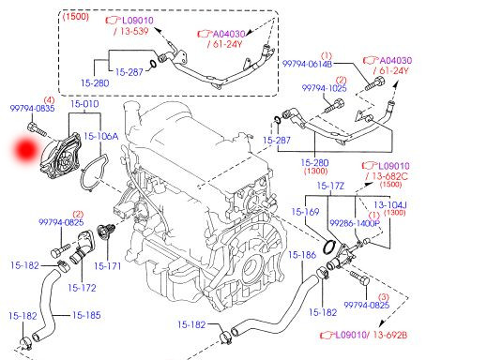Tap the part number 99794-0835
(x=31, y=109)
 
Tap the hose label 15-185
(x=85, y=315)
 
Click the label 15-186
(x=302, y=255)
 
